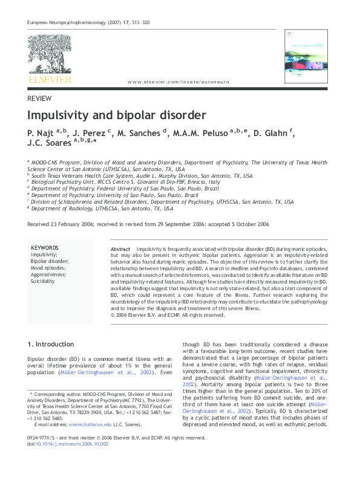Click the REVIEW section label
[39, 98]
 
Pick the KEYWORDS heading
[44, 248]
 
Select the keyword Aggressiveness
[48, 274]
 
